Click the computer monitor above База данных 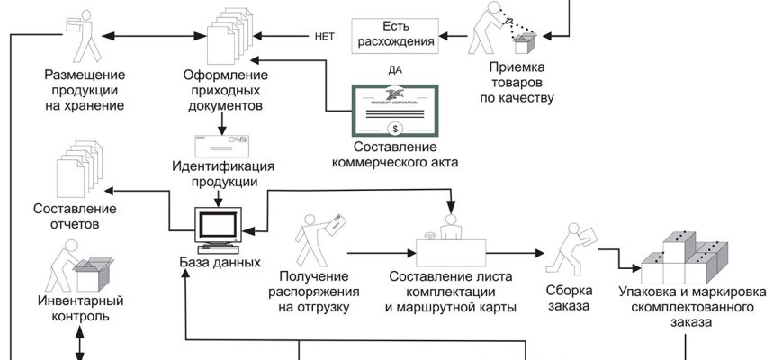[220, 227]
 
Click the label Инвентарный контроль [81, 308]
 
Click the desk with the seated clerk [451, 243]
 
